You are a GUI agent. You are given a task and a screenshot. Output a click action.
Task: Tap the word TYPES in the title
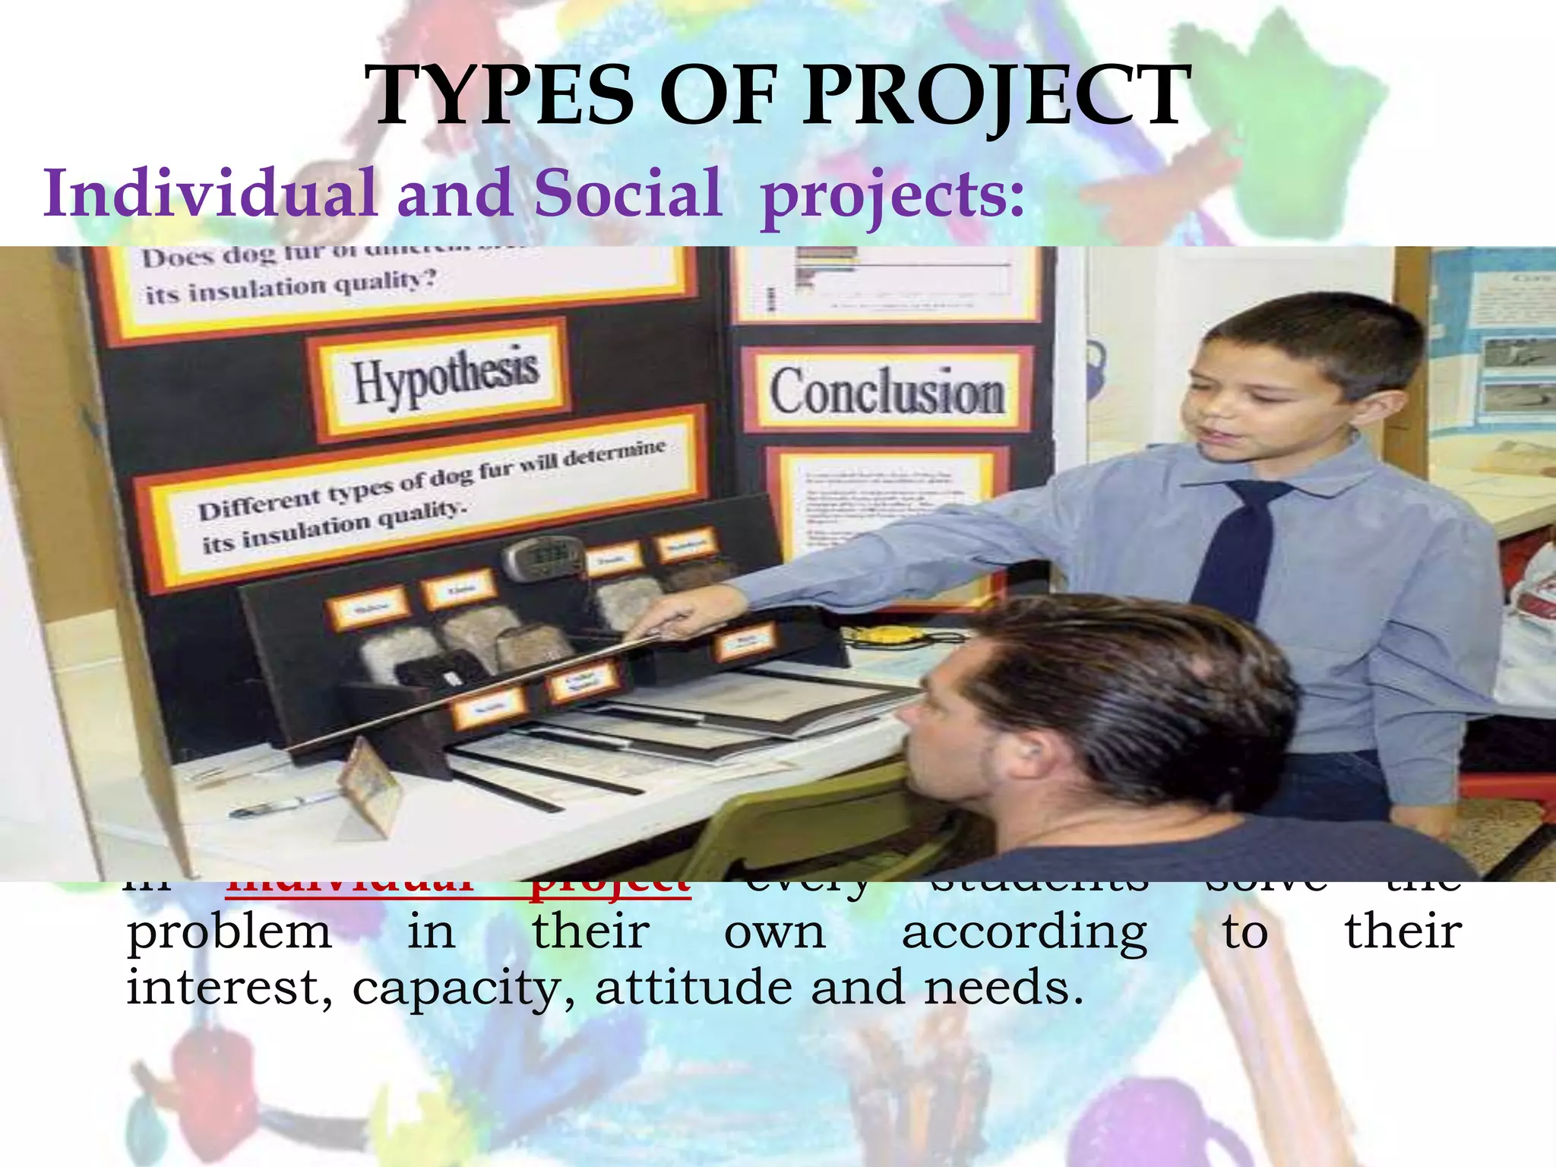498,96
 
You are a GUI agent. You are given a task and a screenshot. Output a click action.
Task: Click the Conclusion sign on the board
887,392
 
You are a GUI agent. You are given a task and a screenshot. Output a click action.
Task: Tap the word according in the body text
1024,933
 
